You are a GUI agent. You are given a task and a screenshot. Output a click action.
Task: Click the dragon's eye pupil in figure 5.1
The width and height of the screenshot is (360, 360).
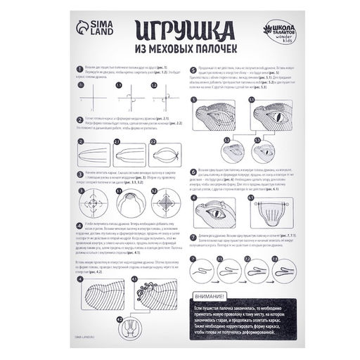(266, 111)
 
